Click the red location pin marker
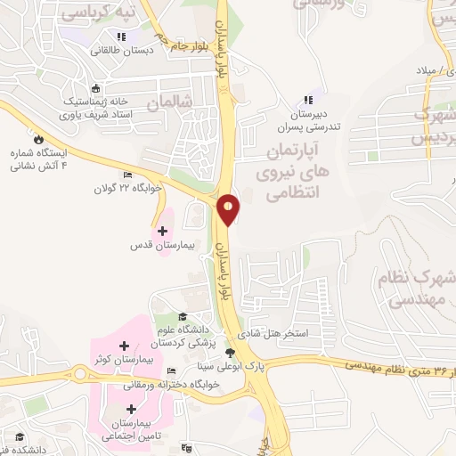[x=229, y=208]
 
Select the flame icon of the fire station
[x=38, y=139]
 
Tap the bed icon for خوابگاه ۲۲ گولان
[x=126, y=175]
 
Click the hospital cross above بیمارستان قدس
[x=161, y=231]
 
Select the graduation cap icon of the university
[x=183, y=316]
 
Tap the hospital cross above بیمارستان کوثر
[x=124, y=345]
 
